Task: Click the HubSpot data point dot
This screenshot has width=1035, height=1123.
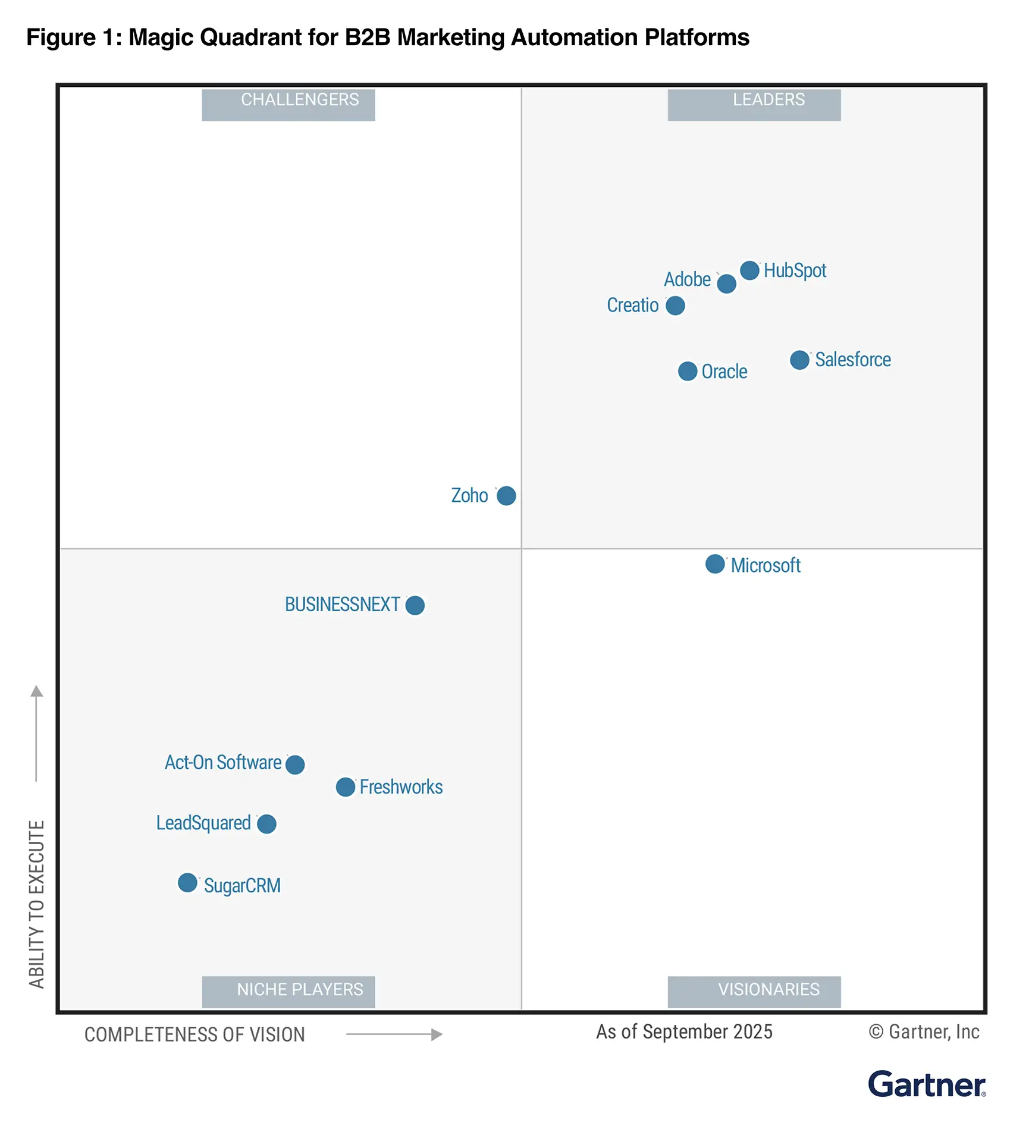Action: pos(749,270)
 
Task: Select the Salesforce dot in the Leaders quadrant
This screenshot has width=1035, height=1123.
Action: pos(799,360)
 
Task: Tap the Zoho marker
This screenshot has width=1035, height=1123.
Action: pos(506,495)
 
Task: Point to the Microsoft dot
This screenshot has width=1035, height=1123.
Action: pos(715,564)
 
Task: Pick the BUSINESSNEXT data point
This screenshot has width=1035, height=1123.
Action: pos(415,605)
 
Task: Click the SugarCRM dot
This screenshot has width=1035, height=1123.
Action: pos(187,882)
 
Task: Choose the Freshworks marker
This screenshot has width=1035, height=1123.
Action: pos(345,787)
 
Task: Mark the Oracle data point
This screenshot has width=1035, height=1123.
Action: pos(688,372)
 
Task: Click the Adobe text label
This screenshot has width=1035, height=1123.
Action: pos(687,279)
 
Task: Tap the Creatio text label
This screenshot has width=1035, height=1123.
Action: pos(632,305)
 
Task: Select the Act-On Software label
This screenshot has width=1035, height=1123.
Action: pos(222,762)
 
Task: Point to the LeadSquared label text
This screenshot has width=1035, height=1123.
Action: pos(203,823)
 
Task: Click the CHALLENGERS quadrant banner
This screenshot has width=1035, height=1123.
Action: pos(288,104)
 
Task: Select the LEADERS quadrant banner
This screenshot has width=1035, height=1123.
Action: pos(754,104)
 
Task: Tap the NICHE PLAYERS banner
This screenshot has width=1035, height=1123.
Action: pos(288,991)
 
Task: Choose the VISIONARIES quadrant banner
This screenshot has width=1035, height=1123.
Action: pos(754,991)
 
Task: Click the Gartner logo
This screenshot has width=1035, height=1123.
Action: pos(926,1084)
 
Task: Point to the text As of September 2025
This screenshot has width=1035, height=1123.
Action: pos(684,1031)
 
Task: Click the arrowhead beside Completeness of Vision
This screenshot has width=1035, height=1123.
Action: pos(437,1034)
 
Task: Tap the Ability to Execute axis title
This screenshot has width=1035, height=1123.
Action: pos(37,904)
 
